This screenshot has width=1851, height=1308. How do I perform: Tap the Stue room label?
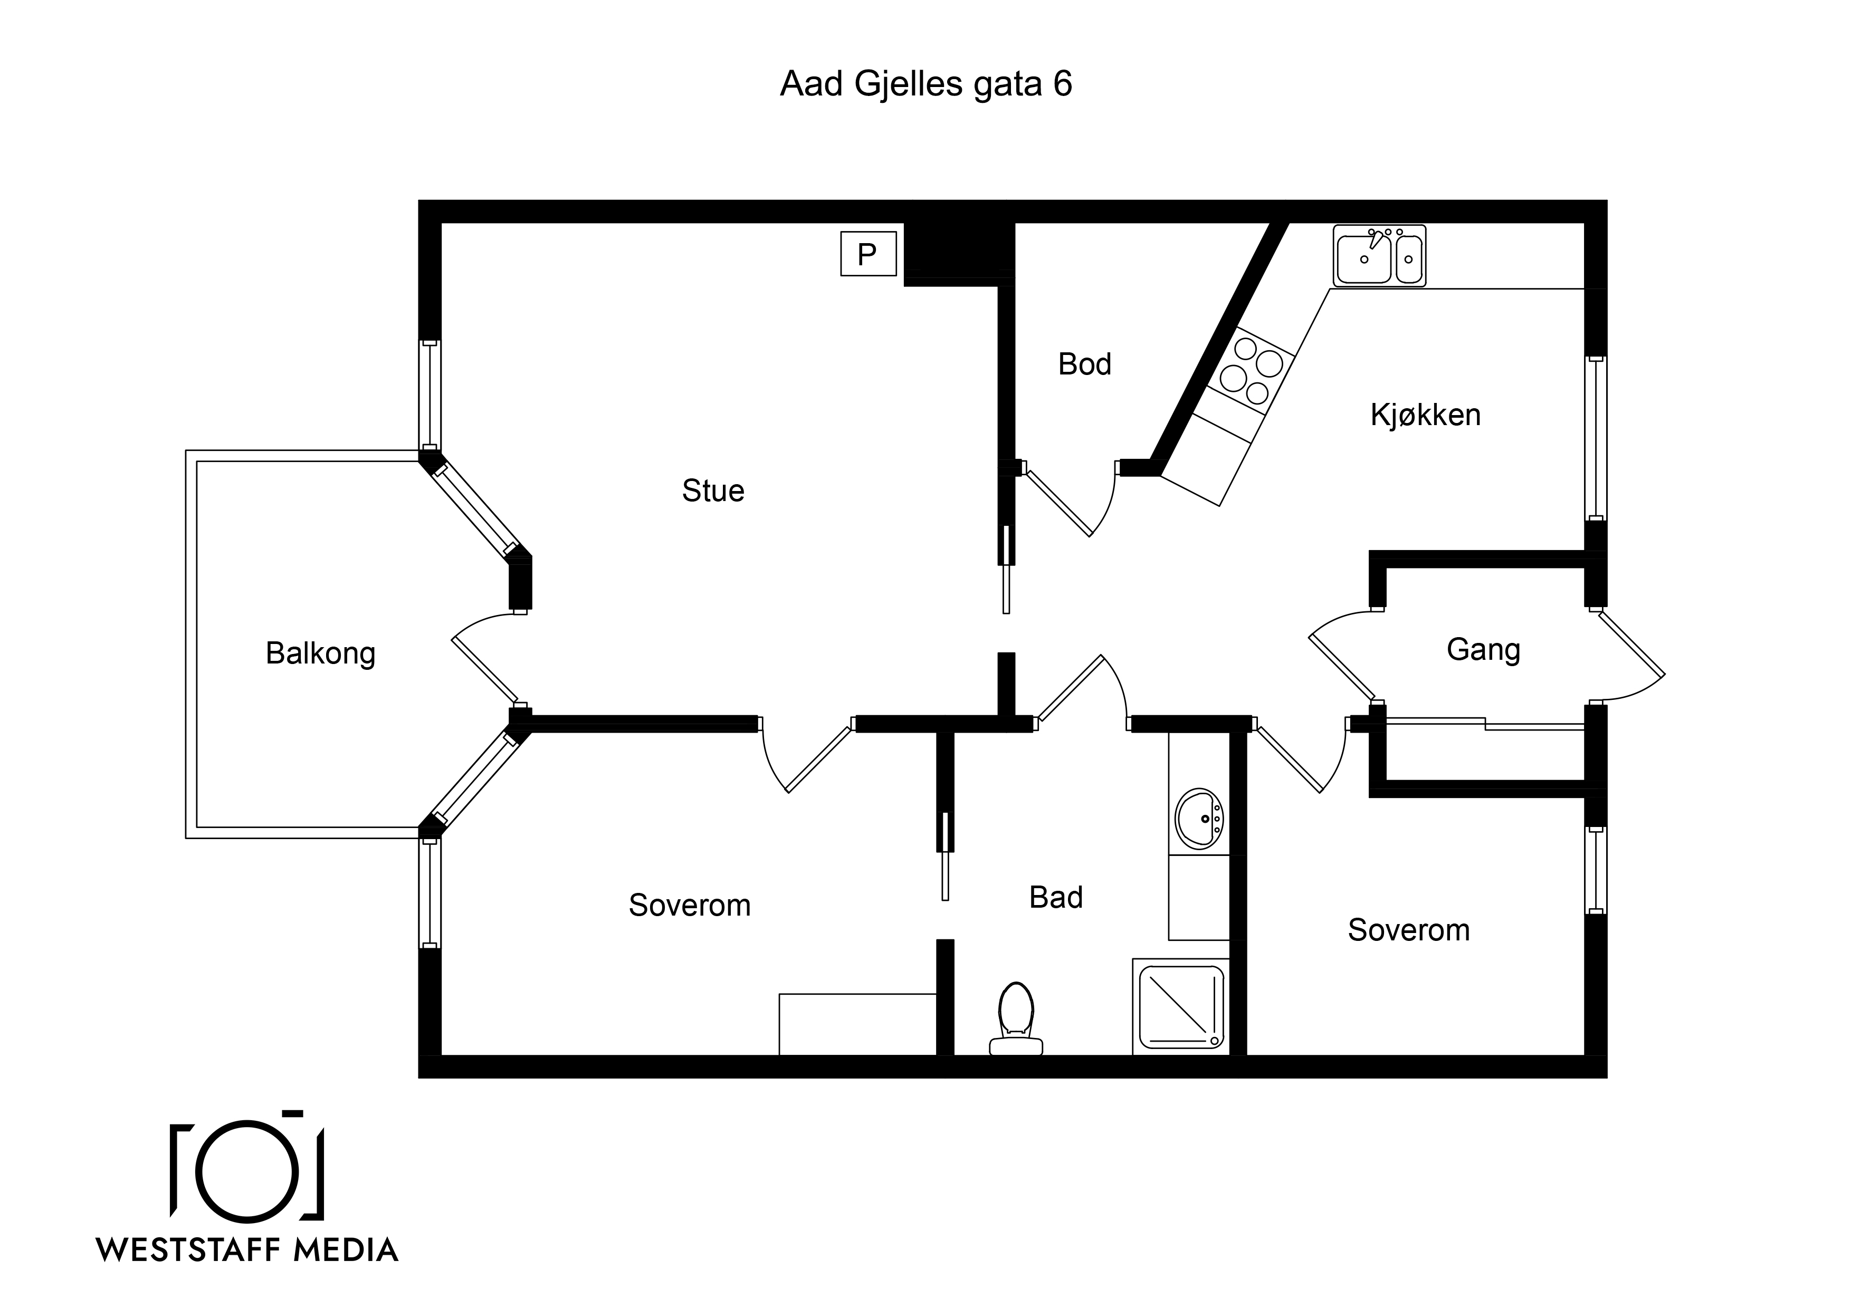click(713, 491)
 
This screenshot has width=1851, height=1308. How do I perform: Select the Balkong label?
click(321, 653)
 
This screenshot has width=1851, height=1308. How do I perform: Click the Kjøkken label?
click(1425, 415)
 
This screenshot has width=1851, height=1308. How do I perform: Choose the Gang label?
click(1483, 650)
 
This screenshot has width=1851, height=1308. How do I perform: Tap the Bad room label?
click(1056, 897)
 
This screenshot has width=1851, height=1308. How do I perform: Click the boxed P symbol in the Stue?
click(869, 254)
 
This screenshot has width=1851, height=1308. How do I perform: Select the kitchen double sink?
click(1379, 255)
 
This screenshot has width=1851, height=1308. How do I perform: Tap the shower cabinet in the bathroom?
click(1181, 1007)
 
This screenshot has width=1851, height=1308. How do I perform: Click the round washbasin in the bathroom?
click(1199, 819)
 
